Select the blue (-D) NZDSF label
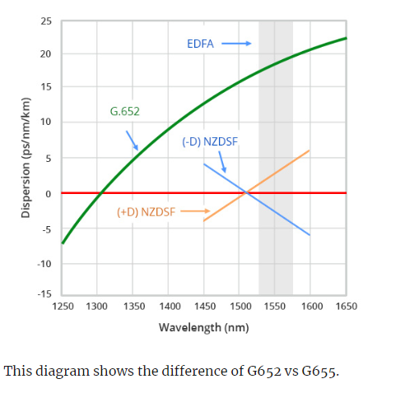tap(210, 141)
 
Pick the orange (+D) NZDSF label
tap(146, 211)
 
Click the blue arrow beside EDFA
tap(235, 44)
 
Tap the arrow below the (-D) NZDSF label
tap(222, 163)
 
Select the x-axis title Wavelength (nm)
tap(203, 327)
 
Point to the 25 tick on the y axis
tap(45, 20)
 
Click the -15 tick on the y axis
tap(44, 293)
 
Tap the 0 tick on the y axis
tap(48, 193)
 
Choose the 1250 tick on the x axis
tap(62, 305)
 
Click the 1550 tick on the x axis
tap(275, 305)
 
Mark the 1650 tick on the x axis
tap(346, 305)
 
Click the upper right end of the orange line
tap(310, 150)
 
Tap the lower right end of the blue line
tap(310, 235)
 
